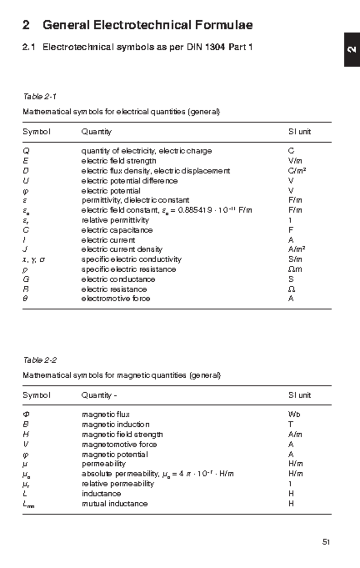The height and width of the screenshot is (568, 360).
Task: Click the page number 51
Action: (326, 542)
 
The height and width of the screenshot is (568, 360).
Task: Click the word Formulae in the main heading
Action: (224, 25)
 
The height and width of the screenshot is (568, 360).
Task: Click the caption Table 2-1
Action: (40, 97)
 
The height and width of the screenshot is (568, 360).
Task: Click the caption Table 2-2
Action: (40, 360)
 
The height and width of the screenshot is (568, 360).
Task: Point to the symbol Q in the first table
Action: (26, 151)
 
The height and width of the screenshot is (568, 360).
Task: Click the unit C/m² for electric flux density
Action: (297, 171)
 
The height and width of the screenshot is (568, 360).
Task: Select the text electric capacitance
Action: (117, 230)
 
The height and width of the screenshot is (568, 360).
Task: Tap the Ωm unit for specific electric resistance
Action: (295, 269)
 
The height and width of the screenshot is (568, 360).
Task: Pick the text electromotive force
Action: (115, 299)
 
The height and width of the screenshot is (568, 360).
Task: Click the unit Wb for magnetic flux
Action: (294, 415)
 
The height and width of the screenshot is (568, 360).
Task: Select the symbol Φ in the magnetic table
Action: (26, 415)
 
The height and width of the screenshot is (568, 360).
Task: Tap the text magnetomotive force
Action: (119, 444)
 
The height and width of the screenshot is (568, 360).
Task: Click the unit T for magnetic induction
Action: (290, 424)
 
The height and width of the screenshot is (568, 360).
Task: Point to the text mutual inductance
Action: (115, 504)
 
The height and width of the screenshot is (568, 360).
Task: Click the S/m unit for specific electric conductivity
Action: (295, 259)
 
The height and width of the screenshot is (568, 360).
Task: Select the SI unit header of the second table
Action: (299, 395)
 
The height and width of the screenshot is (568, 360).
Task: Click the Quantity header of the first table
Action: (96, 132)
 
